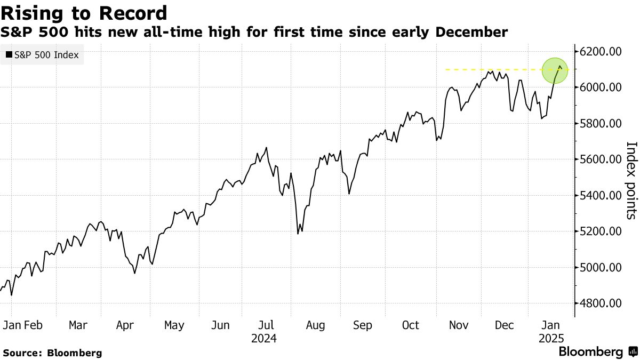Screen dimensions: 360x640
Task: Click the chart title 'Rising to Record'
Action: (x=84, y=13)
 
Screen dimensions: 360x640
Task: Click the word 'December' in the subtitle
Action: (x=471, y=33)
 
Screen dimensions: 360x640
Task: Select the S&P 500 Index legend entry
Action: (x=42, y=54)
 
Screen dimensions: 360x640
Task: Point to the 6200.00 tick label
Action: (x=601, y=52)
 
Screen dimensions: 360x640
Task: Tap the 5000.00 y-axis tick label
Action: (x=601, y=267)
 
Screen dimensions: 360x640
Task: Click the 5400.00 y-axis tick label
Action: (x=601, y=195)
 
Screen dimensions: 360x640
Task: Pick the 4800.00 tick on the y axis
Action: (x=601, y=303)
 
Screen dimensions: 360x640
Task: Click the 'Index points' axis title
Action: (x=631, y=180)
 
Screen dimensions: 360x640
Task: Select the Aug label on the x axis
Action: (x=315, y=325)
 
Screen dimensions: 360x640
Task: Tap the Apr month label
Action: (x=125, y=325)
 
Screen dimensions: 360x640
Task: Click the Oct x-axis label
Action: (x=411, y=325)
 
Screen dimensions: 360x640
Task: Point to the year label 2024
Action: (x=263, y=338)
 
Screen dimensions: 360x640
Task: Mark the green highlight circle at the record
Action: (x=555, y=70)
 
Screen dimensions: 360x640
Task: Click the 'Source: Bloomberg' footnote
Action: (x=52, y=353)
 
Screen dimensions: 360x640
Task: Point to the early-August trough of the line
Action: (x=298, y=234)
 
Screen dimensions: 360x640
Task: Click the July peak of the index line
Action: (x=266, y=148)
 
